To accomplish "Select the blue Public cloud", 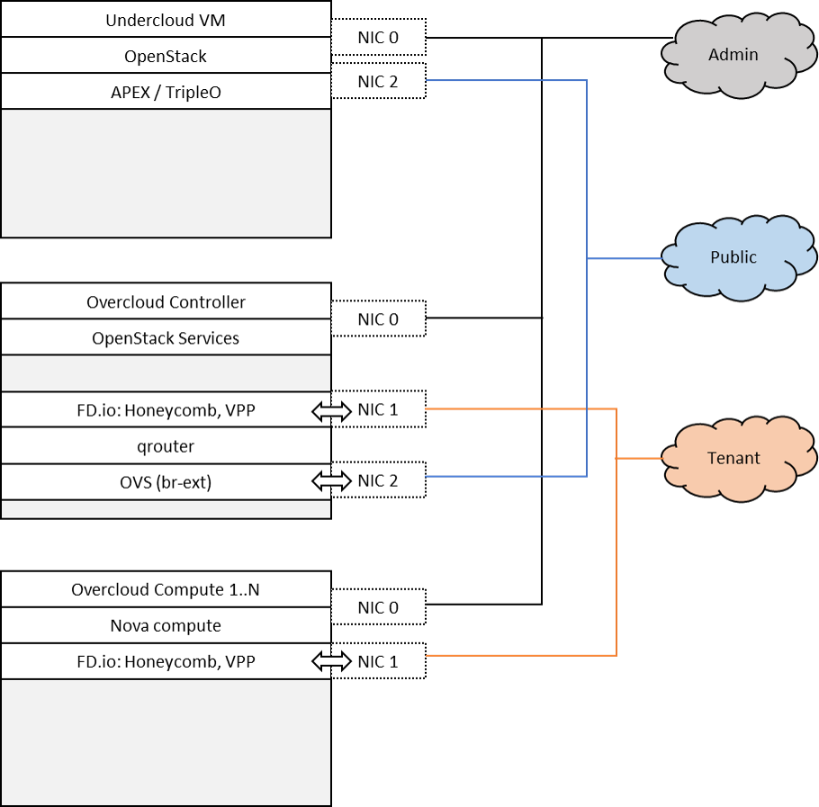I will tap(733, 257).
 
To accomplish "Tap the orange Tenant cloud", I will tap(733, 458).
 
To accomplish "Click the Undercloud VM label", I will tap(166, 20).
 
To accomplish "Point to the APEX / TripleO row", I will tap(166, 92).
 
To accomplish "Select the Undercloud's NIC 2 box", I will tap(378, 82).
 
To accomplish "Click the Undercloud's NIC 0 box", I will tap(378, 38).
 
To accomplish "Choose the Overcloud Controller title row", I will tap(166, 302).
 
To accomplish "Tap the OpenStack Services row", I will tap(166, 338).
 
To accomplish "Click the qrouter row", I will tap(166, 446).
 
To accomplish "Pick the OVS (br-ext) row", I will tap(166, 482).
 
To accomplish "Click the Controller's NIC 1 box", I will tap(378, 409).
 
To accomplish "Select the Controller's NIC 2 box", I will tap(378, 480).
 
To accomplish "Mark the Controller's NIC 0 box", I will tap(378, 319).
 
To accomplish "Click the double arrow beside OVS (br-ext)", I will tap(330, 481).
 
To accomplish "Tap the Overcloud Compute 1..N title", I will tap(166, 590).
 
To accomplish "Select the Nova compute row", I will tap(166, 625).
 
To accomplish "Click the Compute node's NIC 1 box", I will tap(378, 661).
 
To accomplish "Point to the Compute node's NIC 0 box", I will tap(378, 607).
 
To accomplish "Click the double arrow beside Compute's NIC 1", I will tap(330, 662).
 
